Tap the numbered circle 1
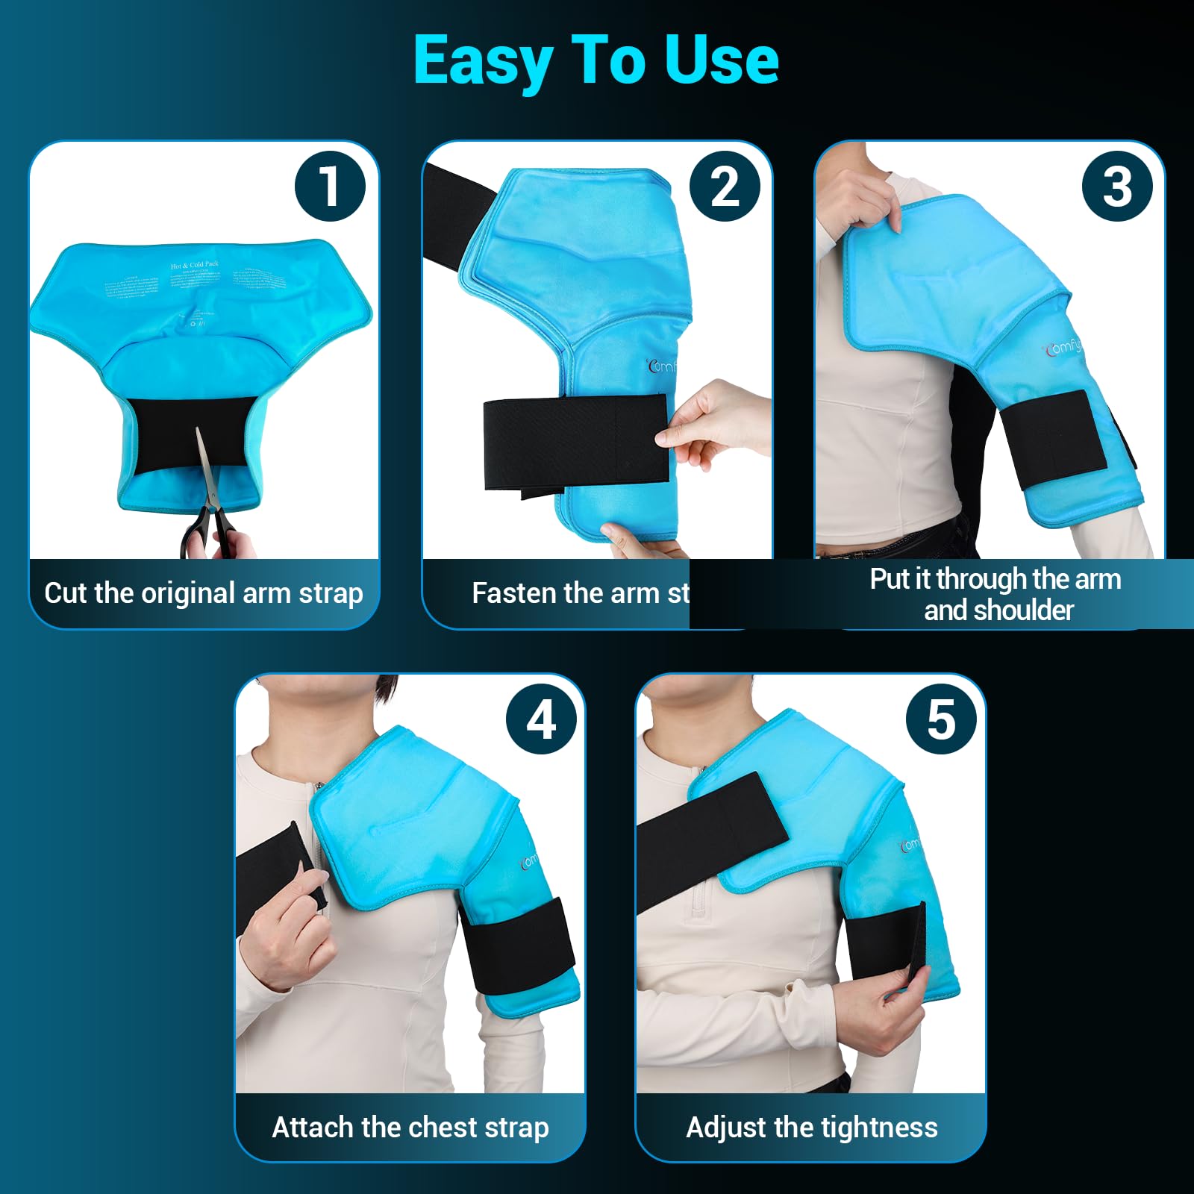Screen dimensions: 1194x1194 tap(330, 186)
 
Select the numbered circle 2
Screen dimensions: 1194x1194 tap(725, 186)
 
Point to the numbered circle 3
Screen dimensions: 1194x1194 tap(1116, 186)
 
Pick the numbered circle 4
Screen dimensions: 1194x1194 tap(541, 719)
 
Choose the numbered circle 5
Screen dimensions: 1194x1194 tap(941, 719)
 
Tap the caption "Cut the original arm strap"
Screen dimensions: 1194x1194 tap(204, 593)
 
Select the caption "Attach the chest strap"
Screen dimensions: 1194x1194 tap(410, 1127)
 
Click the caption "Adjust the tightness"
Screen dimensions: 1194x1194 tap(812, 1127)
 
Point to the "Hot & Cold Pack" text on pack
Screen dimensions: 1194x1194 tap(194, 265)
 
